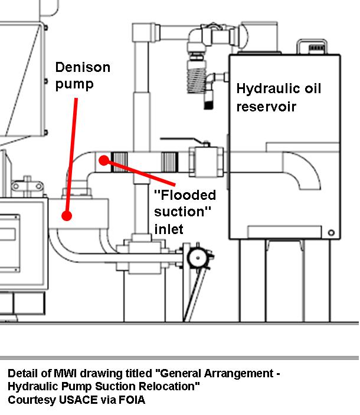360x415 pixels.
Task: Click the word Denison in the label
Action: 83,67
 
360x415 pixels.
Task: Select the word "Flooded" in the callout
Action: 185,195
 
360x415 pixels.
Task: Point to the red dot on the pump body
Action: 67,216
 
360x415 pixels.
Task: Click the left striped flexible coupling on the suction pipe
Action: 120,159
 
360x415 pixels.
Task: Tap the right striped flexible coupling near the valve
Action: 169,159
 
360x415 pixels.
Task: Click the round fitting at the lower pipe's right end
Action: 198,257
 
